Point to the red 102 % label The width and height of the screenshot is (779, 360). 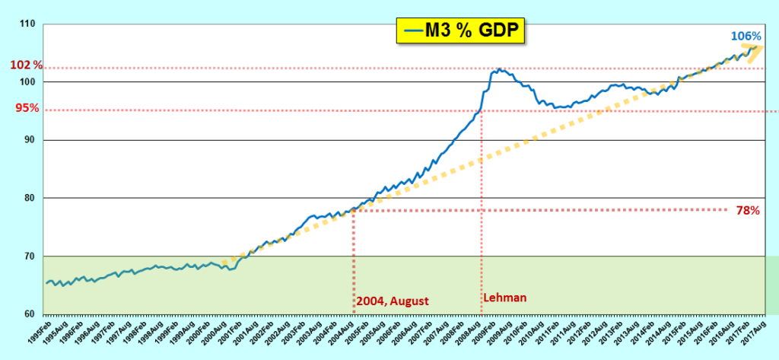[x=26, y=65]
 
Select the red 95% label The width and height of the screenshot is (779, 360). [x=27, y=108]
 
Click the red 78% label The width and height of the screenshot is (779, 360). [x=748, y=210]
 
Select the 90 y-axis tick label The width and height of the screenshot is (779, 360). [x=29, y=140]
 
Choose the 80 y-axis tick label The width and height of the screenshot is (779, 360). [x=29, y=198]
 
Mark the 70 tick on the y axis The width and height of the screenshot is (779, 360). [x=29, y=256]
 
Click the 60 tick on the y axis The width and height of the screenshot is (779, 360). [x=29, y=314]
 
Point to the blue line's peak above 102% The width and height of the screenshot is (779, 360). [x=498, y=69]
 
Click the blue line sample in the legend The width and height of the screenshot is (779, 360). [x=414, y=30]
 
